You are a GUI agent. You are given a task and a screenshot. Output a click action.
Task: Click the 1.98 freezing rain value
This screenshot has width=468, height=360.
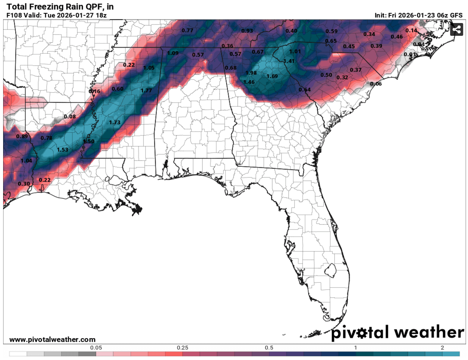pyautogui.click(x=251, y=73)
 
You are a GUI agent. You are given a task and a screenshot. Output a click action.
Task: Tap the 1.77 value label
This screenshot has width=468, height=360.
pyautogui.click(x=146, y=90)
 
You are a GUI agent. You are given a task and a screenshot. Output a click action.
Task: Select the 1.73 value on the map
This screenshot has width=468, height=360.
pyautogui.click(x=115, y=122)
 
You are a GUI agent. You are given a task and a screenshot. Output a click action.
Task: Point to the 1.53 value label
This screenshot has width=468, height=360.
pyautogui.click(x=63, y=150)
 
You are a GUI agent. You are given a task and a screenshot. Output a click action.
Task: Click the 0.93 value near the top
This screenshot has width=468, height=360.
pyautogui.click(x=247, y=31)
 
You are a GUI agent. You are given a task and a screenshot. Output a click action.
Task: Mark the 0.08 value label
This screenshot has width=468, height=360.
pyautogui.click(x=70, y=116)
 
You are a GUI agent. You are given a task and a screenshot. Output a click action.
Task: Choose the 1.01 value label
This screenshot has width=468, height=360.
pyautogui.click(x=295, y=51)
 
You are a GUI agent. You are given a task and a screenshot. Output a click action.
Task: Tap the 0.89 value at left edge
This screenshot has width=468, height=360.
pyautogui.click(x=22, y=136)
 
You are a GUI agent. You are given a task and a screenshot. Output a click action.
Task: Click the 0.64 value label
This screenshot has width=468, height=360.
pyautogui.click(x=305, y=90)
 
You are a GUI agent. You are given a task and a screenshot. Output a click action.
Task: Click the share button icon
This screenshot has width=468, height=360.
pyautogui.click(x=457, y=29)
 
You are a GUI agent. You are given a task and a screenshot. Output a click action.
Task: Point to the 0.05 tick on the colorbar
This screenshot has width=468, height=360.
pyautogui.click(x=96, y=348)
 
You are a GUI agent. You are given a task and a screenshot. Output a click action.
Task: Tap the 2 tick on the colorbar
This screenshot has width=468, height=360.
pyautogui.click(x=442, y=348)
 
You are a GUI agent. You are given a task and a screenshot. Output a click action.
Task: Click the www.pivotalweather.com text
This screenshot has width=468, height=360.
pyautogui.click(x=52, y=340)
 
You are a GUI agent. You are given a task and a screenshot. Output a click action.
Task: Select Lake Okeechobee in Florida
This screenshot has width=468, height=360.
pyautogui.click(x=332, y=269)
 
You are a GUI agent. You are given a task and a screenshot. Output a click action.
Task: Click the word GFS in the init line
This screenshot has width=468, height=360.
pyautogui.click(x=456, y=16)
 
